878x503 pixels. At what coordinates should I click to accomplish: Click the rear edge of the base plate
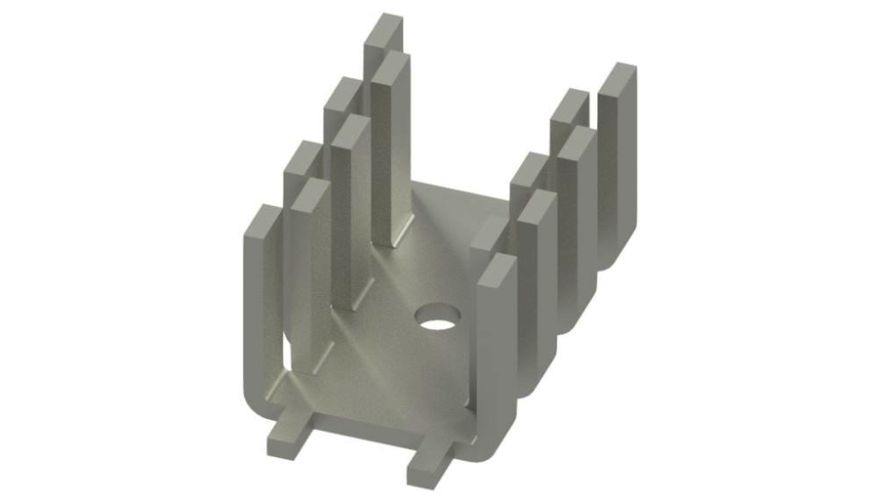click(x=459, y=194)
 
